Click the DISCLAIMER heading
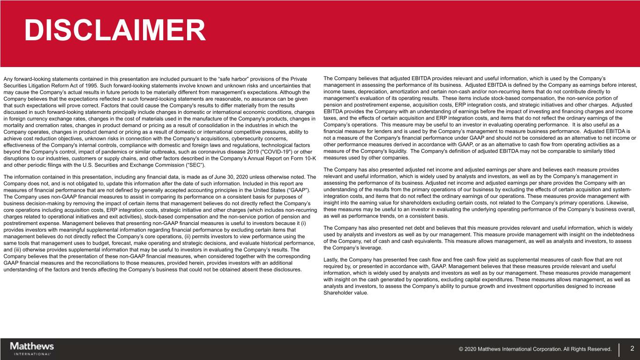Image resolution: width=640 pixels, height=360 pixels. (x=115, y=31)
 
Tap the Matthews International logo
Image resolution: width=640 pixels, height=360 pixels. (x=32, y=348)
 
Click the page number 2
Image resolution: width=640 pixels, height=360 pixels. (x=632, y=348)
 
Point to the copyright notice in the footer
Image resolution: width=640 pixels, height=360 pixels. (x=535, y=349)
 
